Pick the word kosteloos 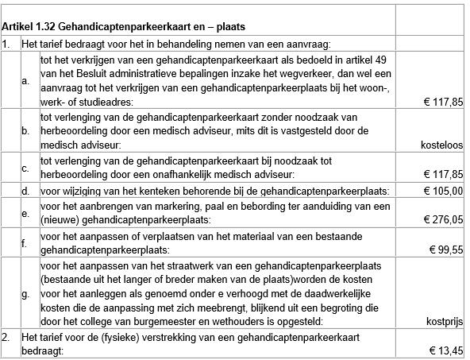click(441, 145)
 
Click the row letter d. click(25, 191)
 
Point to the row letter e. click(25, 212)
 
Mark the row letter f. click(25, 242)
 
